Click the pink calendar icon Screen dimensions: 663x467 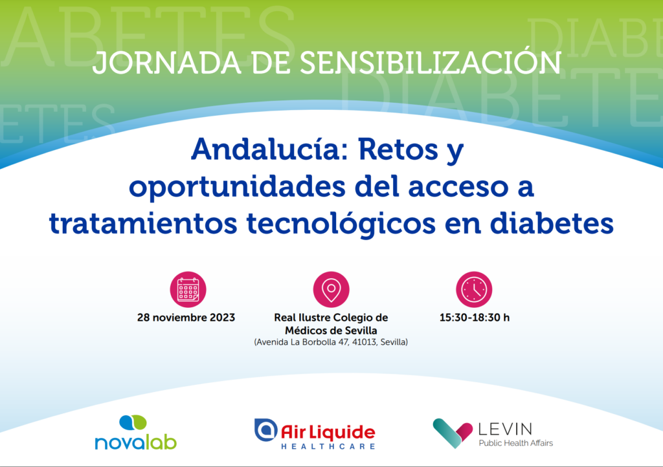pyautogui.click(x=188, y=289)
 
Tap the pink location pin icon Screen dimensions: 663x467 pyautogui.click(x=331, y=289)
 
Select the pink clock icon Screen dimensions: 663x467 pyautogui.click(x=474, y=289)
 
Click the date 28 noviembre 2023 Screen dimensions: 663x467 pyautogui.click(x=186, y=318)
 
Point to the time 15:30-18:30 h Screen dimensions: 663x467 pyautogui.click(x=475, y=318)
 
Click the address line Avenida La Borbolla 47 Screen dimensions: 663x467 pyautogui.click(x=331, y=342)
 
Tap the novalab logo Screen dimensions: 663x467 pyautogui.click(x=136, y=433)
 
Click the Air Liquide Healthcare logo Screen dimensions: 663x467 pyautogui.click(x=315, y=434)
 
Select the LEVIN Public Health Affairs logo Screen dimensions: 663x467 pyautogui.click(x=493, y=433)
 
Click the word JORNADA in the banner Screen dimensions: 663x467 pyautogui.click(x=167, y=63)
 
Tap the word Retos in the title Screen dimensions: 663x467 pyautogui.click(x=398, y=149)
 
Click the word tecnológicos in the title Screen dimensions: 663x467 pyautogui.click(x=341, y=223)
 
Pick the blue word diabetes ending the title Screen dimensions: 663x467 pyautogui.click(x=552, y=223)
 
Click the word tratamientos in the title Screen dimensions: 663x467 pyautogui.click(x=143, y=224)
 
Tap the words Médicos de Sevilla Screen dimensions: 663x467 pyautogui.click(x=331, y=330)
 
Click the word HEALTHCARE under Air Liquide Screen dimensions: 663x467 pyautogui.click(x=328, y=446)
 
